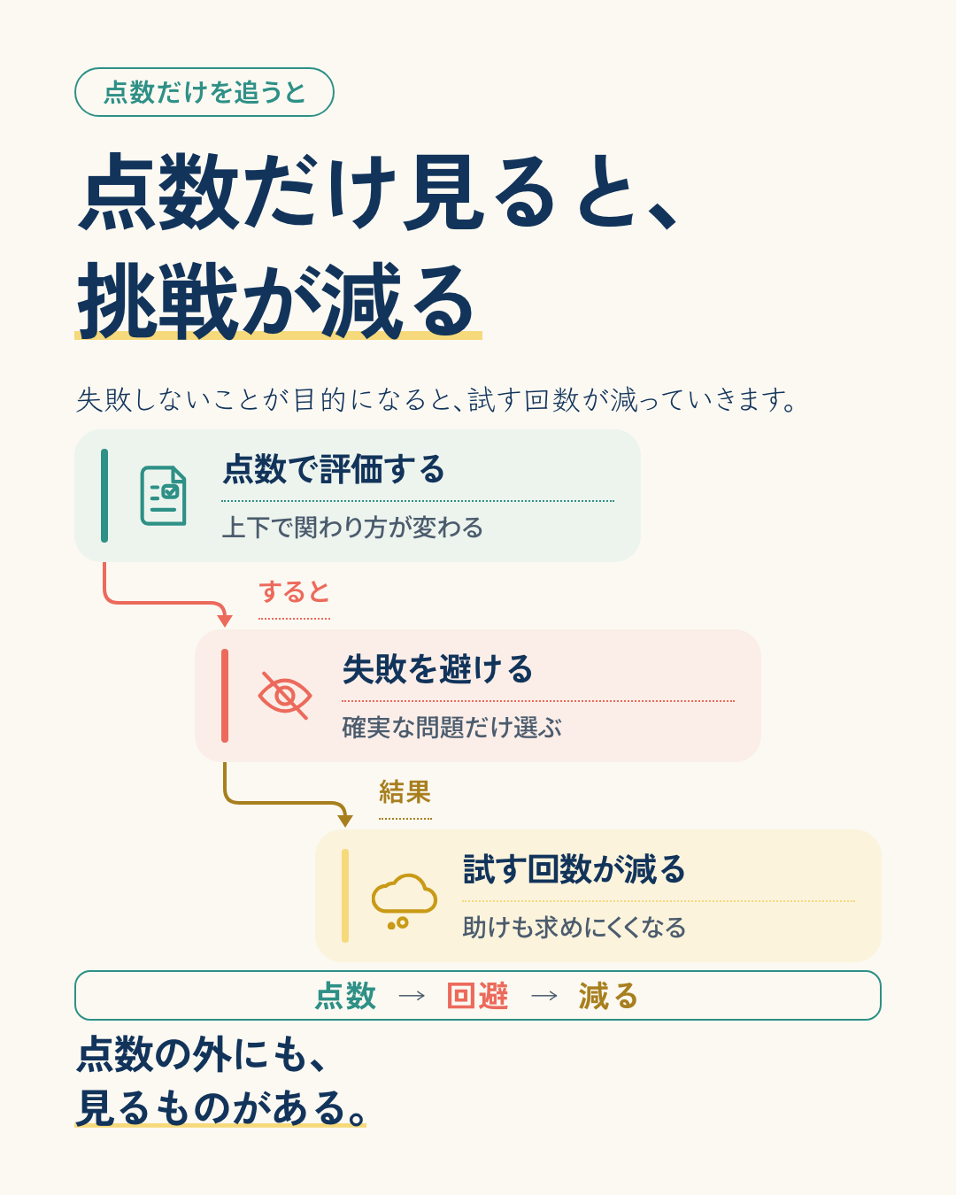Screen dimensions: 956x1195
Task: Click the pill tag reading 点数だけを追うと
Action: point(204,92)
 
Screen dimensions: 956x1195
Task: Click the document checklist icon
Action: point(163,496)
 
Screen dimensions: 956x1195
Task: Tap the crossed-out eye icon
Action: point(284,695)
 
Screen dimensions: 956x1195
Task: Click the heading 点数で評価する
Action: point(334,469)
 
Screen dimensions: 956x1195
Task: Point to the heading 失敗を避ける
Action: point(437,669)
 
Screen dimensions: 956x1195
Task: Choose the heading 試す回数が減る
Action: point(574,869)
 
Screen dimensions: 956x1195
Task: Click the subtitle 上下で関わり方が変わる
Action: point(352,527)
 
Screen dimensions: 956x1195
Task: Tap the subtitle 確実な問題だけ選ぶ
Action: point(451,727)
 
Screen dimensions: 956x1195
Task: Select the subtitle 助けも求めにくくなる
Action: point(574,927)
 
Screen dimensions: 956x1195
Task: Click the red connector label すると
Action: point(294,591)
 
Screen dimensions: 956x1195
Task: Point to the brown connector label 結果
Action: point(405,791)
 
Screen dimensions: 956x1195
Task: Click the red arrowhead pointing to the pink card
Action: point(225,621)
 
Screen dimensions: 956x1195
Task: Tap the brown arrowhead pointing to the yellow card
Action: point(345,821)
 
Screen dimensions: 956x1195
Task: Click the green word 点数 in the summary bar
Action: point(345,996)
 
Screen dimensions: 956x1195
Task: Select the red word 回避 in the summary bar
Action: point(478,996)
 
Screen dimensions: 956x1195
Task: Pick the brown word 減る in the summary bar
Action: point(608,996)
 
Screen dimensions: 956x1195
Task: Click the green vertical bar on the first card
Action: point(104,496)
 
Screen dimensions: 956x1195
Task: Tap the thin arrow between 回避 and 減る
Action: point(544,996)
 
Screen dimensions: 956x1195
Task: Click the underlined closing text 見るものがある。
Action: point(220,1107)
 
